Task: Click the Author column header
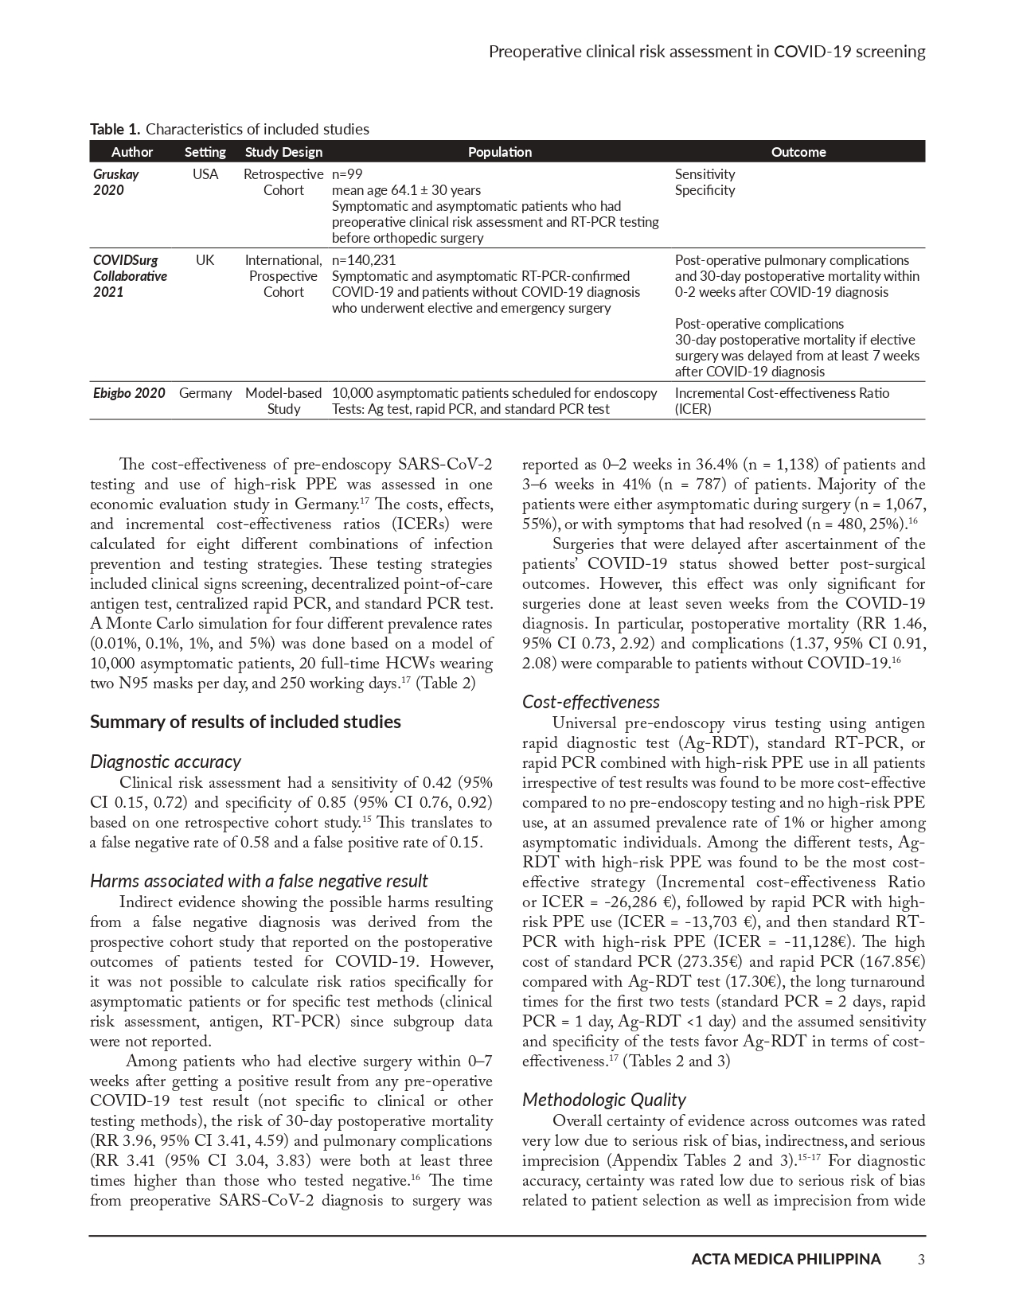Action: [x=132, y=152]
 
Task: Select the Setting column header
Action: [x=205, y=152]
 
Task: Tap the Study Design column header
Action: [x=283, y=152]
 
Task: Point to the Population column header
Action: [x=499, y=152]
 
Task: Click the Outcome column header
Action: [x=798, y=152]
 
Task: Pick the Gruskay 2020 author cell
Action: [x=116, y=182]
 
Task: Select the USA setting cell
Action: [x=205, y=174]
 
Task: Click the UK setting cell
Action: [x=205, y=260]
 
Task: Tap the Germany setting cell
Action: [x=205, y=393]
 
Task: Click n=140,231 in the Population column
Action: [x=364, y=260]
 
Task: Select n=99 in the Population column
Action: [x=347, y=174]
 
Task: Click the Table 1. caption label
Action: [x=115, y=129]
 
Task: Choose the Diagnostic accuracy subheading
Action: [x=166, y=762]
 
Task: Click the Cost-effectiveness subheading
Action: [x=591, y=702]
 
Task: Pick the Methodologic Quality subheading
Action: [x=603, y=1100]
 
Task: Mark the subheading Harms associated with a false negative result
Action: [x=259, y=881]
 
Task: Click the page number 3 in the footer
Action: [x=921, y=1259]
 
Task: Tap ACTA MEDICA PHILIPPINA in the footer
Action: [x=786, y=1259]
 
